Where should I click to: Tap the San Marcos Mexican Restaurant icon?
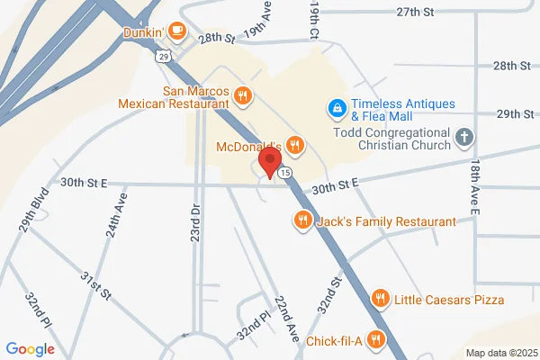tap(241, 96)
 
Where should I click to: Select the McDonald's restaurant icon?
tap(294, 145)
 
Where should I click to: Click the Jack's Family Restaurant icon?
tap(302, 220)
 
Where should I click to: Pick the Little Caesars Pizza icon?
tap(381, 299)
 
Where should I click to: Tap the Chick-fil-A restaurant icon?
tap(377, 339)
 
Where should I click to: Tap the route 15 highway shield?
tap(284, 171)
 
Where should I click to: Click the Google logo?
tap(30, 348)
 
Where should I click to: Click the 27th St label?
tap(415, 12)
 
